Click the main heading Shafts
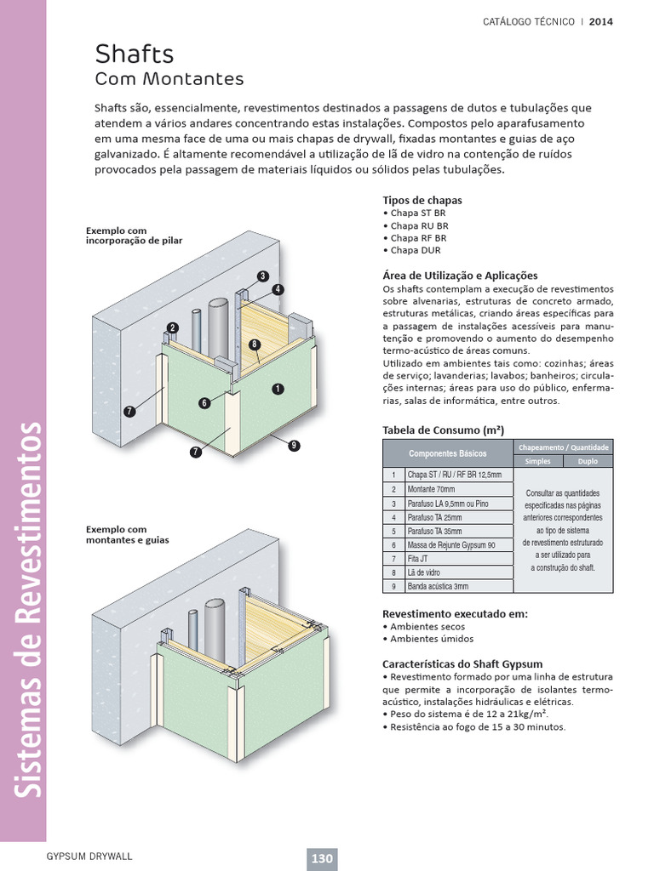click(x=135, y=54)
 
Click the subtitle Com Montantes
click(x=169, y=80)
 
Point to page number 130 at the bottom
click(x=322, y=858)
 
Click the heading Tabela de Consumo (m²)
click(x=438, y=430)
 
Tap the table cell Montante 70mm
click(x=432, y=489)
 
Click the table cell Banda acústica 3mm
click(x=439, y=586)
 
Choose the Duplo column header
click(x=587, y=461)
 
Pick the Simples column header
click(x=537, y=461)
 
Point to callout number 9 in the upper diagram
click(x=293, y=445)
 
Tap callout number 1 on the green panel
click(x=278, y=389)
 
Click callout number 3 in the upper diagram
click(x=263, y=276)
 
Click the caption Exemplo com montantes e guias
click(x=128, y=534)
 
